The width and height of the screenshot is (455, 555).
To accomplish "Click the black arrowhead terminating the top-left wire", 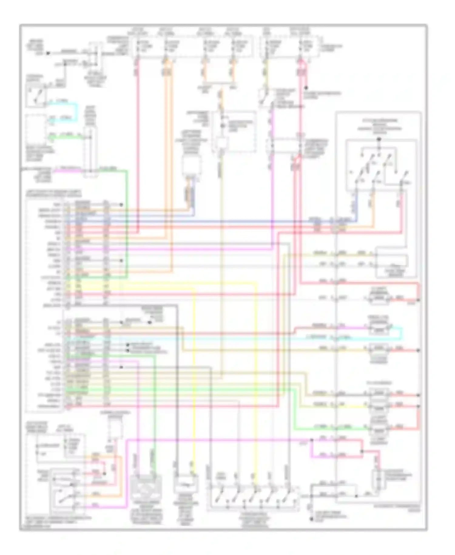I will coord(48,53).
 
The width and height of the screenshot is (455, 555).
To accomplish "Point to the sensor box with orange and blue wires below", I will coord(191,165).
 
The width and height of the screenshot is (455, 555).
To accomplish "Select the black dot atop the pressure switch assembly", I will coord(378,140).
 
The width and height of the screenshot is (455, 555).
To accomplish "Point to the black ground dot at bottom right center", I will coord(311,519).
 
